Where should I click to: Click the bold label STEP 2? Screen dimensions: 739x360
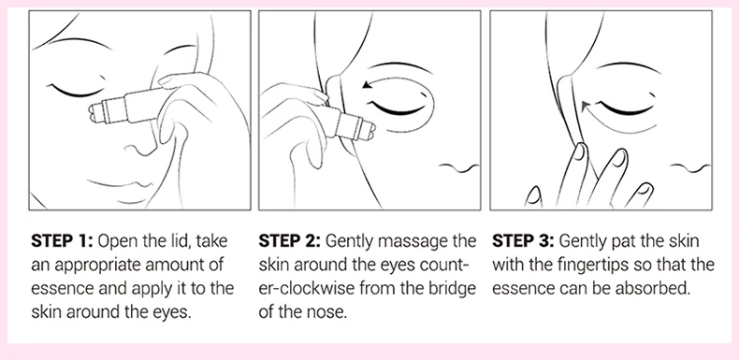click(x=289, y=241)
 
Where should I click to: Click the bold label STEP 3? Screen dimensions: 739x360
click(x=523, y=241)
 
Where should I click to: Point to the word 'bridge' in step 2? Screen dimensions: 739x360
click(x=453, y=289)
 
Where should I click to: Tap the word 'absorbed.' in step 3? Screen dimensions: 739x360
click(x=658, y=289)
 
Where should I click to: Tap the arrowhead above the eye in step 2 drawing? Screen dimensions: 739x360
click(x=366, y=85)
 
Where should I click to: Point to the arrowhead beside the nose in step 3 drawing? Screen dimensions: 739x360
click(x=585, y=107)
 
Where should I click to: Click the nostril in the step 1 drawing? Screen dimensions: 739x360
click(x=137, y=150)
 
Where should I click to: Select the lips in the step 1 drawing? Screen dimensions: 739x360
click(x=123, y=184)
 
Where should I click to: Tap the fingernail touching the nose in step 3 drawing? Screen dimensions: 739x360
click(x=579, y=152)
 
